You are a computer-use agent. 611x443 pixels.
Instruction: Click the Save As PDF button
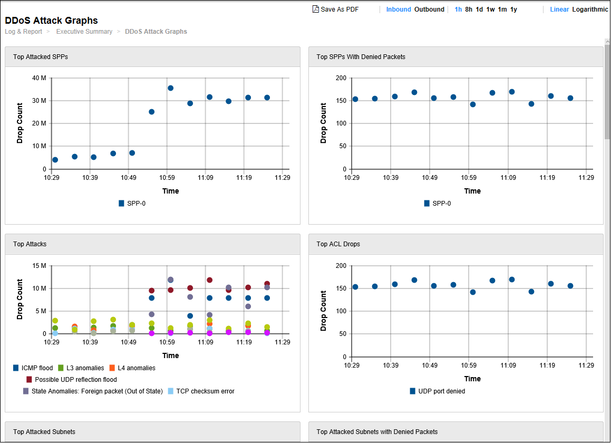(x=336, y=9)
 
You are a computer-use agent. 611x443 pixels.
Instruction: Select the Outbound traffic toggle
(x=429, y=9)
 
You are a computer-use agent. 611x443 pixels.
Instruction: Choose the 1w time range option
(x=490, y=9)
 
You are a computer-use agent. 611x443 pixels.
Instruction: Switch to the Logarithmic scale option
(x=590, y=9)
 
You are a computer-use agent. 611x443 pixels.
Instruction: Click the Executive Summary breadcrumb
(x=84, y=32)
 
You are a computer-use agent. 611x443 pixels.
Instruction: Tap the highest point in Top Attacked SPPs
(x=170, y=88)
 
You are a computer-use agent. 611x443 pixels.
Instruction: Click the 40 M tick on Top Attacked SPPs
(x=40, y=78)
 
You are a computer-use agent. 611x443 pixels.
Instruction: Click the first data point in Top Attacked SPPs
(x=55, y=160)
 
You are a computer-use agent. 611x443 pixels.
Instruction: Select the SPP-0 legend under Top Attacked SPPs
(x=132, y=203)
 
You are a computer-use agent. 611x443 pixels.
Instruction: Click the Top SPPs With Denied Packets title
(x=361, y=56)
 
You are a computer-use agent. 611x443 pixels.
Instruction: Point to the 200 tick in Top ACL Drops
(x=341, y=266)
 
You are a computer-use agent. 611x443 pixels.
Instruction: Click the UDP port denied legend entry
(x=437, y=391)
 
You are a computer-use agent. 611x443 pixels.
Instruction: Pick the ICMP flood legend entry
(x=33, y=368)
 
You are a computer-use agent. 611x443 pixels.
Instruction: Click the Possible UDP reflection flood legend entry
(x=72, y=380)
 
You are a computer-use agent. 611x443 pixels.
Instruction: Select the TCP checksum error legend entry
(x=201, y=391)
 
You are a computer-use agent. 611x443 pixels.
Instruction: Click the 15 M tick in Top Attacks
(x=40, y=266)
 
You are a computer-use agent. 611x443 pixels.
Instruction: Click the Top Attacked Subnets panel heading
(x=44, y=432)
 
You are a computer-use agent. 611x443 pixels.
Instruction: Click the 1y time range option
(x=513, y=9)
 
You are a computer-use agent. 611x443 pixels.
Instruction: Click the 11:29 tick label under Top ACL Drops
(x=586, y=365)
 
